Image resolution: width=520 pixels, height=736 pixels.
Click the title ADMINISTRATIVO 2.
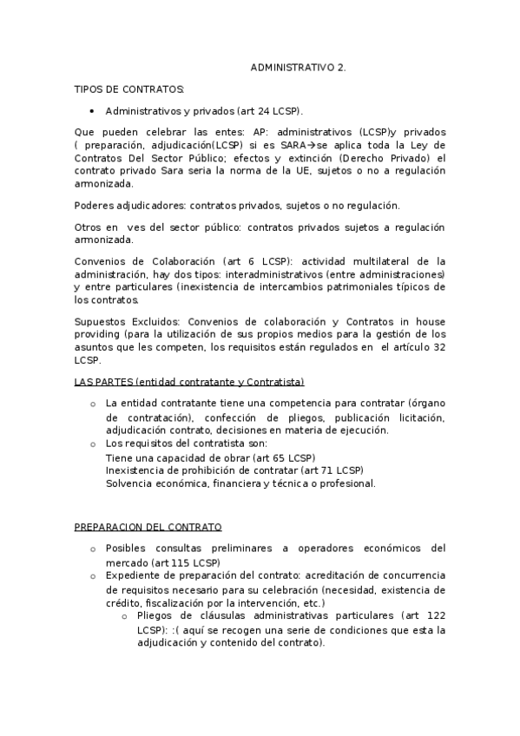click(298, 67)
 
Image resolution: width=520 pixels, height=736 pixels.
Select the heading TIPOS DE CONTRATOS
click(129, 89)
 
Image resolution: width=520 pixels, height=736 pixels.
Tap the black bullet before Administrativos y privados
click(92, 112)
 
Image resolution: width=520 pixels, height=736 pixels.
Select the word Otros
click(89, 227)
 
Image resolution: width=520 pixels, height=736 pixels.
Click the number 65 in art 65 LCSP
click(280, 457)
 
